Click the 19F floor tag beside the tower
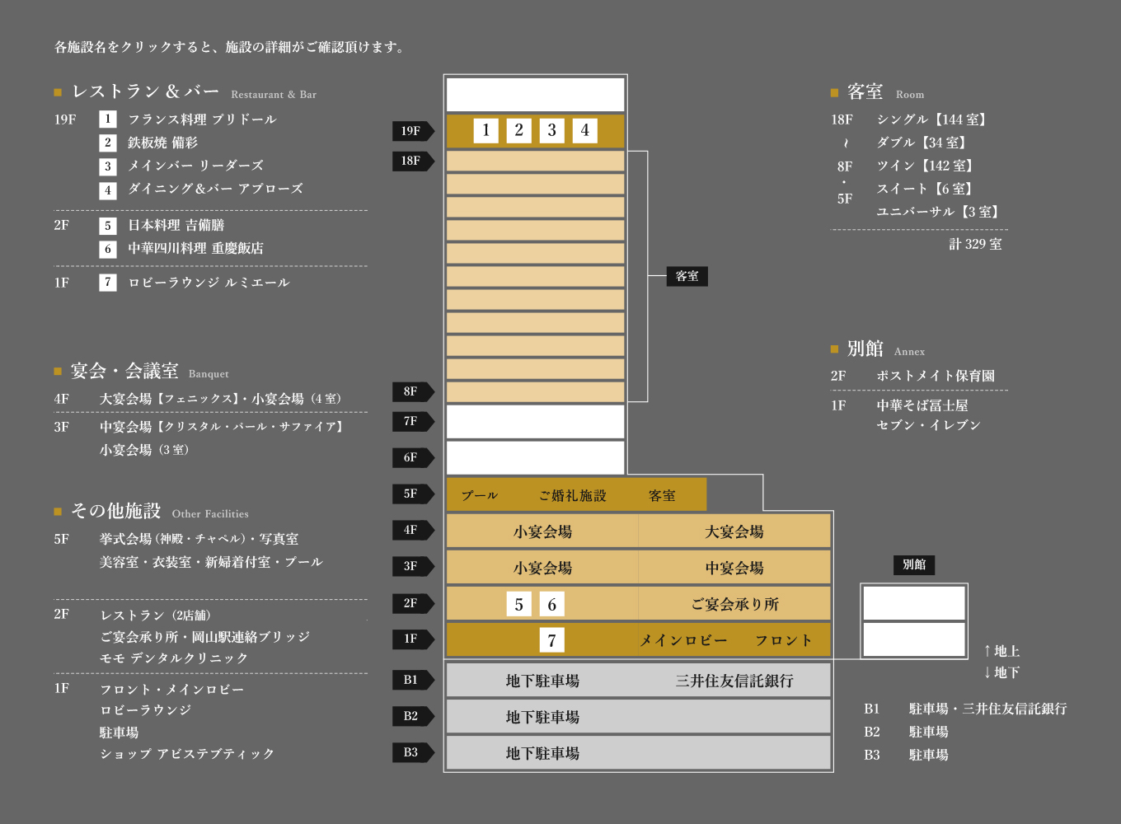coord(413,131)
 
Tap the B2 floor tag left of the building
coord(413,716)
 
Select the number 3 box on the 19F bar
coord(551,130)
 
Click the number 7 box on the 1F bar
coord(551,640)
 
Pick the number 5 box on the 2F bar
coord(518,604)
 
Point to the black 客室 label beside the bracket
coord(687,276)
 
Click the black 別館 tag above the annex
coord(914,564)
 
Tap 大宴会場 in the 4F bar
coord(734,531)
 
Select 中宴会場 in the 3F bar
coord(734,568)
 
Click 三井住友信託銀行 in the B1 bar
coord(734,681)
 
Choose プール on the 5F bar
coord(480,495)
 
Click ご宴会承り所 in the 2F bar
coord(734,604)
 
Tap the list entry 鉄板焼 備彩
coord(162,143)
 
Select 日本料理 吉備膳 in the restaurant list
coord(176,225)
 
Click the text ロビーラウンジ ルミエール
coord(209,283)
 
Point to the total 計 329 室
coord(975,244)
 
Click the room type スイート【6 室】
coord(924,189)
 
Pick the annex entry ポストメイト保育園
coord(936,376)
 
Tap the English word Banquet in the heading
coord(209,374)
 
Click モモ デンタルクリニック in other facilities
coord(174,658)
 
